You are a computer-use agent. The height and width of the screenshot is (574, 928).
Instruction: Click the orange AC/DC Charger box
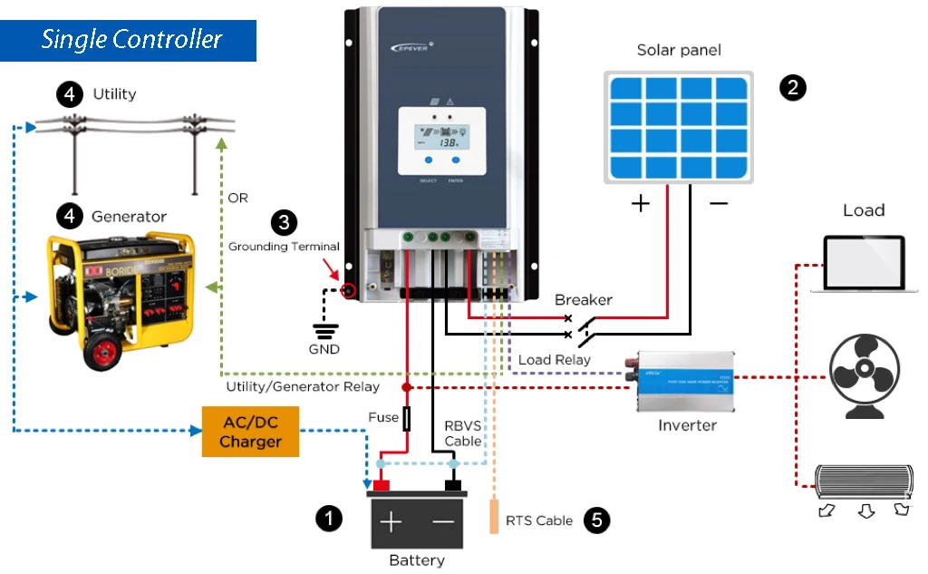point(250,432)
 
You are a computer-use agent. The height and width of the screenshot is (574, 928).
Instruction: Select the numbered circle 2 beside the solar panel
point(793,87)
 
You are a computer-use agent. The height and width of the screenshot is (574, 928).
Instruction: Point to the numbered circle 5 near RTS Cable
point(596,520)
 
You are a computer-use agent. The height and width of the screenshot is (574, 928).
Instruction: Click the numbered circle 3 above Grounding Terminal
point(284,223)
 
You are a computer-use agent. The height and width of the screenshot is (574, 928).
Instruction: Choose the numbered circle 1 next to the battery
point(329,518)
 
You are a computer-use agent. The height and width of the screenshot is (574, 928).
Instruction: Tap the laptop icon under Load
point(865,264)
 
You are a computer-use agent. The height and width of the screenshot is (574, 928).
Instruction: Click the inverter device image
point(685,383)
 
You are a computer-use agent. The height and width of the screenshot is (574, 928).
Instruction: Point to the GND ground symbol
point(324,331)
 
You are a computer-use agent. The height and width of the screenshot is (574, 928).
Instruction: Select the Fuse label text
point(383,417)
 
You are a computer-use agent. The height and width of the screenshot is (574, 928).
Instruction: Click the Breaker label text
point(583,299)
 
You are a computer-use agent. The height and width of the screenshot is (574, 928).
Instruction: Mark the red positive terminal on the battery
point(381,485)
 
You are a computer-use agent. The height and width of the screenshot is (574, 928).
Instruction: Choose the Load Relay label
point(554,360)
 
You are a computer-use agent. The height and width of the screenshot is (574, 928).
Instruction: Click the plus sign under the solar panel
point(641,203)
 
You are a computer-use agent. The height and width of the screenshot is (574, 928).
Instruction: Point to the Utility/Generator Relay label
point(303,387)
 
